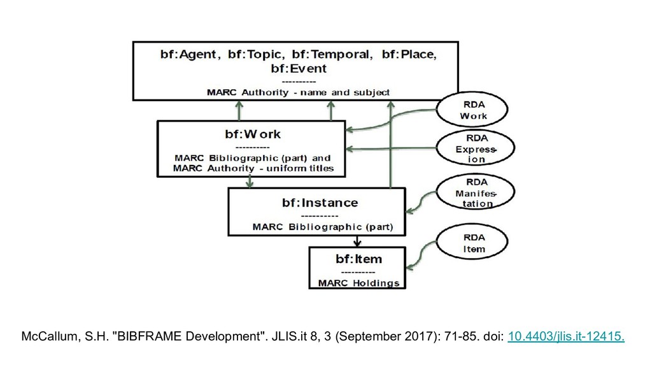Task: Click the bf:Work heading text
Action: [x=252, y=134]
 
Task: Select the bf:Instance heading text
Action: [x=320, y=203]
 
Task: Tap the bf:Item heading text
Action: [x=358, y=258]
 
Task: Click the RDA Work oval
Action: [x=472, y=110]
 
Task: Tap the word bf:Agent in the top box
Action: [x=190, y=55]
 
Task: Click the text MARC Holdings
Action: [x=358, y=282]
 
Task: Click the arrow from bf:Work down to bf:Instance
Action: [x=249, y=182]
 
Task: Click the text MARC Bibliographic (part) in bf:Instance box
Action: [x=322, y=226]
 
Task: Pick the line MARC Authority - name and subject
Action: [x=298, y=92]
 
